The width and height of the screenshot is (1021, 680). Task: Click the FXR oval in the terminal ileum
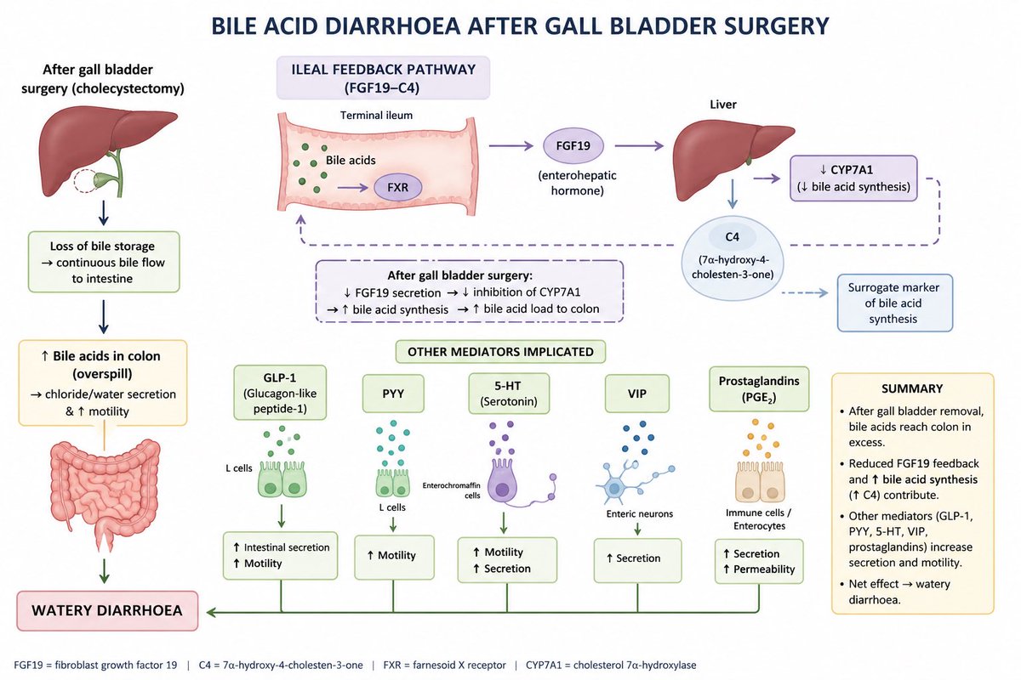[397, 187]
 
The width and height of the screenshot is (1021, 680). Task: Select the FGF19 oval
[573, 145]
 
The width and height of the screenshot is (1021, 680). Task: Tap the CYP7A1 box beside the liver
[853, 178]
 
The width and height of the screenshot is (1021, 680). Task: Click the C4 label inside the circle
[732, 237]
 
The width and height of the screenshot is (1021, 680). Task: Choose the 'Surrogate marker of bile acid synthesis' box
[894, 303]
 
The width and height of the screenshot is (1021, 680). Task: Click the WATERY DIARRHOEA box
[107, 610]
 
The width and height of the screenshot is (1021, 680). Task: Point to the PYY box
[393, 394]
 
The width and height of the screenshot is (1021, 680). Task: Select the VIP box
[636, 394]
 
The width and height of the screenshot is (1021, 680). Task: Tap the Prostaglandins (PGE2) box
[759, 389]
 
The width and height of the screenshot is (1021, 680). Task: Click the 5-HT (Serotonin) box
[509, 394]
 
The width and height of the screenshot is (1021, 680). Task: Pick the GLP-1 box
[280, 392]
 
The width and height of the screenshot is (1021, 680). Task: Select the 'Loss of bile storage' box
[104, 262]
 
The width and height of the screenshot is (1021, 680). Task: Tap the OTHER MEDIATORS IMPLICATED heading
[500, 352]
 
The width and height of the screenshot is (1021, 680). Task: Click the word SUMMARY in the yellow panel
[911, 388]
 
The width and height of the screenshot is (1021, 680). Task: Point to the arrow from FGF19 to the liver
[639, 145]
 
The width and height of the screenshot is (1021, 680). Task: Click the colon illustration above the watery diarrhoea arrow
[105, 494]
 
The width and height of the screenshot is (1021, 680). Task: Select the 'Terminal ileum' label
[376, 116]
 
